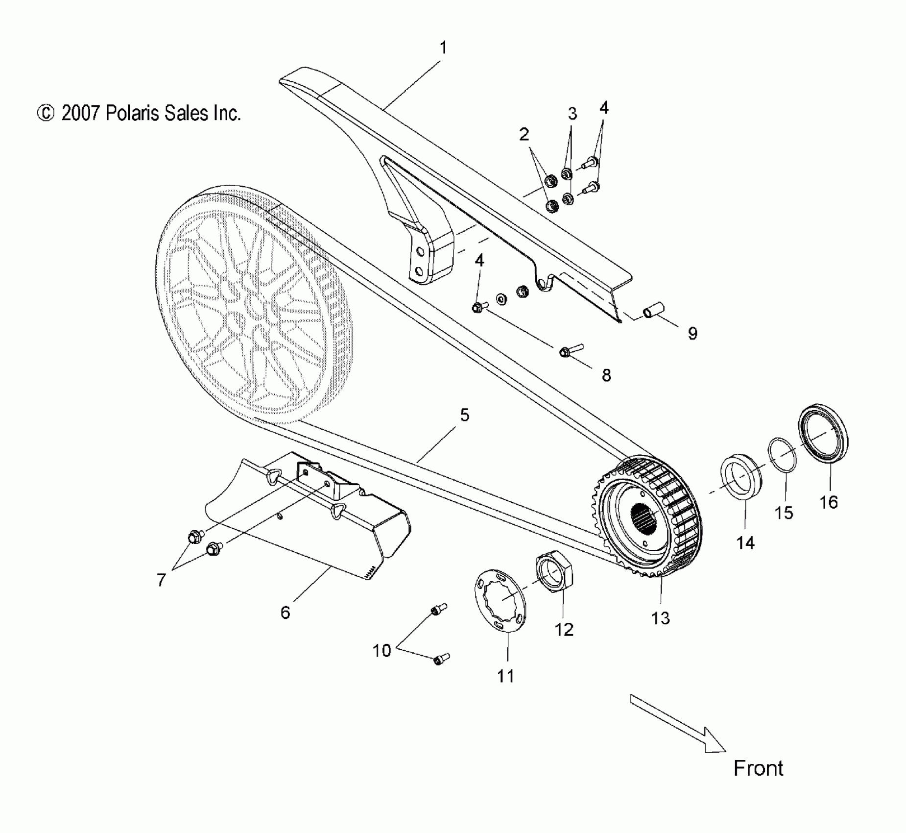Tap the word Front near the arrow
(758, 768)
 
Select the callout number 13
(660, 618)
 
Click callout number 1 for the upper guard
(443, 48)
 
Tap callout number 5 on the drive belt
(464, 415)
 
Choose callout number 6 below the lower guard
(285, 612)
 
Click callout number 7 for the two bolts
(161, 580)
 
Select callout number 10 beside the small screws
(382, 650)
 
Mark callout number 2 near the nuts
(524, 134)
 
